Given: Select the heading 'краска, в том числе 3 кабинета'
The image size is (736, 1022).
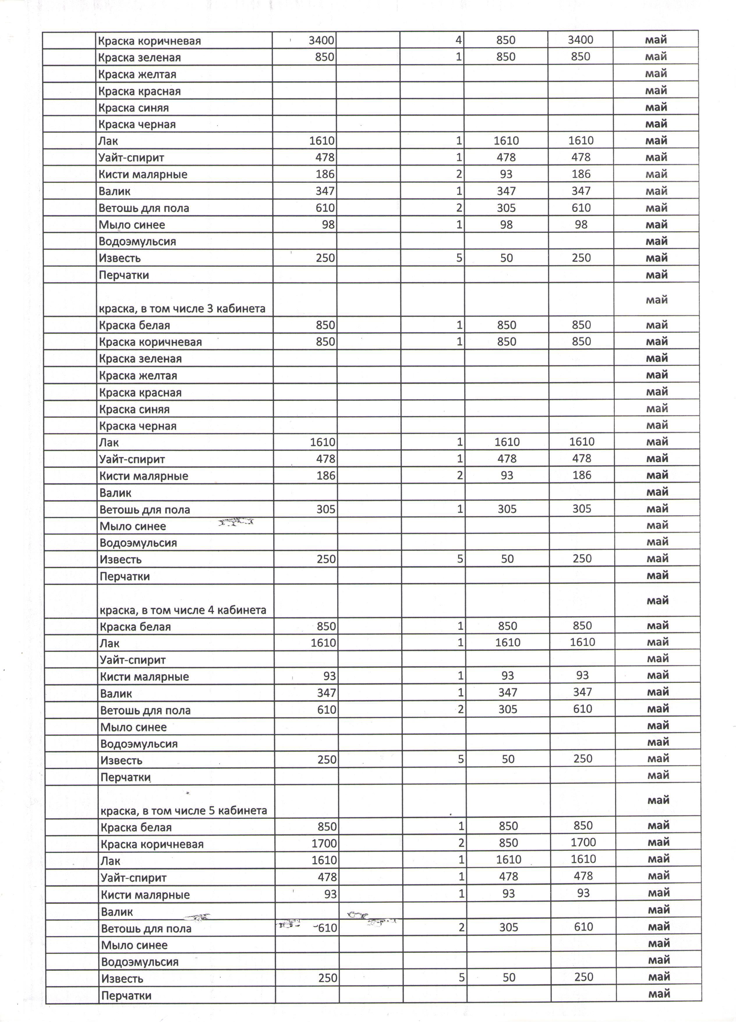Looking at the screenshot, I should click(182, 309).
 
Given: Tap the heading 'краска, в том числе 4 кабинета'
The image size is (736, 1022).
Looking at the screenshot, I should click(183, 610).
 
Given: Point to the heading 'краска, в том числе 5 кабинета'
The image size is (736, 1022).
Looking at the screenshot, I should click(184, 811).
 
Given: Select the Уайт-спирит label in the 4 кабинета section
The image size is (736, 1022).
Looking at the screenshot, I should click(133, 660).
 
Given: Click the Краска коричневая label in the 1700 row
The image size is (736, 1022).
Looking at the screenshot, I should click(152, 844).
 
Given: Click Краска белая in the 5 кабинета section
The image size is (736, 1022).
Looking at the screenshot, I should click(136, 827).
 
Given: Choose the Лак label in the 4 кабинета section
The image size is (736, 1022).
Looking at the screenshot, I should click(109, 643).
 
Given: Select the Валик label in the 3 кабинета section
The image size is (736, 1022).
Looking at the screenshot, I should click(115, 493).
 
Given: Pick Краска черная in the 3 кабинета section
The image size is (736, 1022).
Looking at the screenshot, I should click(138, 426).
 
